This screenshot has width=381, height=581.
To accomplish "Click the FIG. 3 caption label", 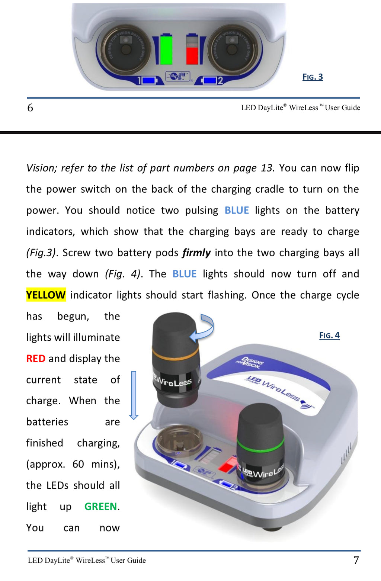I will tap(313, 77).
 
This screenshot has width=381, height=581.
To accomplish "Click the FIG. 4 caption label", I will tap(329, 336).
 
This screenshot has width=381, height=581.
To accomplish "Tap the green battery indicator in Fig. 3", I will tap(166, 49).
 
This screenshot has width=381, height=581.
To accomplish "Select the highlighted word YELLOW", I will tap(46, 295).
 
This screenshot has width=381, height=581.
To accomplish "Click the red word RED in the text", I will tap(36, 359).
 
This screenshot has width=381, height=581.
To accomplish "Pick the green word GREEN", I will tap(101, 507).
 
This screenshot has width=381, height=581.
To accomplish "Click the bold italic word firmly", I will tap(196, 253).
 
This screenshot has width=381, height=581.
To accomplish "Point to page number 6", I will tap(30, 108).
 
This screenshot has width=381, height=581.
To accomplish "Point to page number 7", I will tap(356, 560).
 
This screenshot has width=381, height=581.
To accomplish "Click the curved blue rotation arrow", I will tap(202, 328).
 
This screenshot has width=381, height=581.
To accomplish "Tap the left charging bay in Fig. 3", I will tap(125, 49).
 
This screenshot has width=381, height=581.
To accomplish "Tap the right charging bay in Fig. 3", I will tap(233, 49).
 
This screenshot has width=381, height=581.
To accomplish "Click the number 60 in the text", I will tap(78, 464).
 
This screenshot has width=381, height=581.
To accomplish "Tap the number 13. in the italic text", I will tap(268, 168).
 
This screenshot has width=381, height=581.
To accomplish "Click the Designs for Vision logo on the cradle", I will tap(250, 362).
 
